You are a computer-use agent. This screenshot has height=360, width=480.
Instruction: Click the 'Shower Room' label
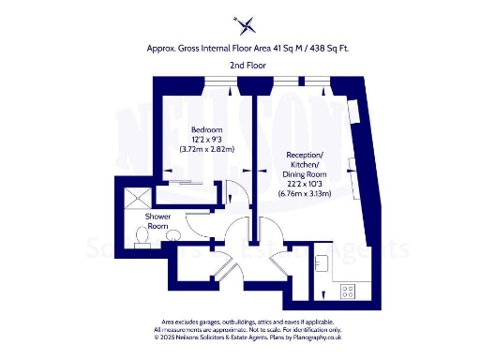tap(157, 220)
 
